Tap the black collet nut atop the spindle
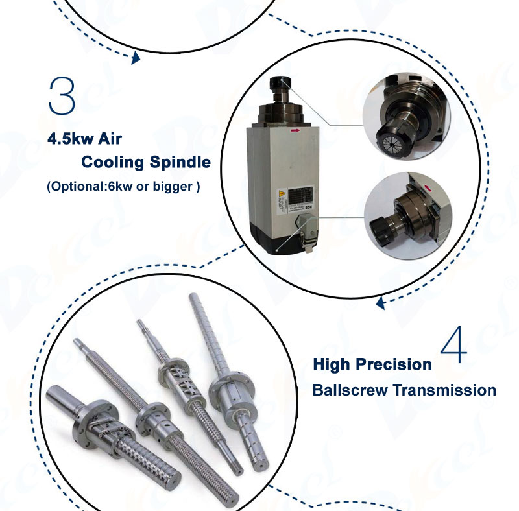[278, 85]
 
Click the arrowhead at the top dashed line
[136, 58]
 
